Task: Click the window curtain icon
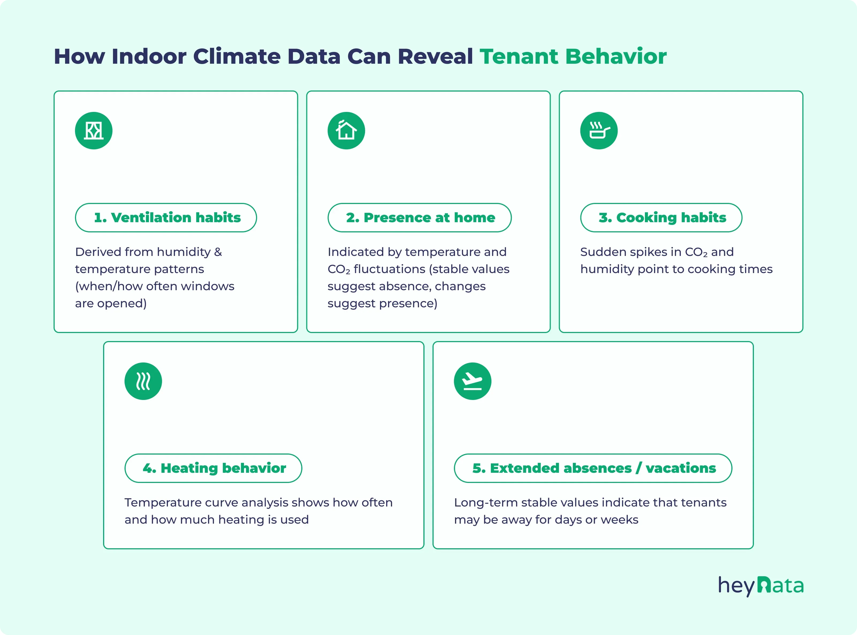[93, 131]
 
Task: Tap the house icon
[346, 131]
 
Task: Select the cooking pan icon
[599, 131]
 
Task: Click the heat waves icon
[143, 381]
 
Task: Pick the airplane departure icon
[472, 381]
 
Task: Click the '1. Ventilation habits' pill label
[166, 218]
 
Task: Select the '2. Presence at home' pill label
[419, 218]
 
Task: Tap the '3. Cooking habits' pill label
[661, 218]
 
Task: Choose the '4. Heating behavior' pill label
[213, 468]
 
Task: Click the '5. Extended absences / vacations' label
[593, 468]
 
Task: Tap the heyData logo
[761, 586]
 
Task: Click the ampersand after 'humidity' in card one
[218, 252]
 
